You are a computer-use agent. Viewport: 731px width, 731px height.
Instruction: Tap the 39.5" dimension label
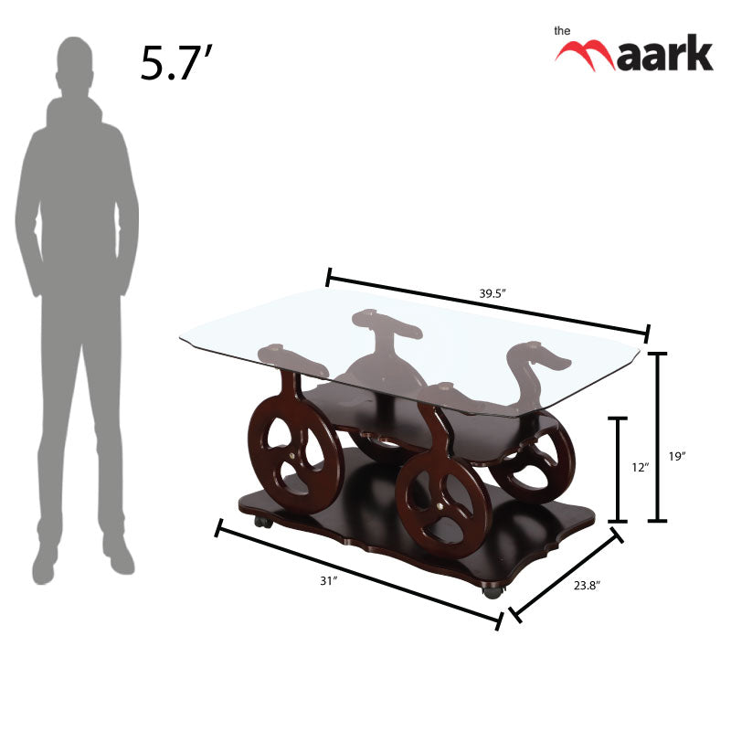pos(493,294)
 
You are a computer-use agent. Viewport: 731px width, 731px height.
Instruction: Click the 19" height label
pos(677,457)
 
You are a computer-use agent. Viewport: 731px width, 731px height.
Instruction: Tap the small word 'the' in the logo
pos(563,30)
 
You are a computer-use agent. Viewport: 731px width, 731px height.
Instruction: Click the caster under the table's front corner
pos(493,592)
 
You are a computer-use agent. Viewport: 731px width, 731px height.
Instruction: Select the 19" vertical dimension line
pos(659,437)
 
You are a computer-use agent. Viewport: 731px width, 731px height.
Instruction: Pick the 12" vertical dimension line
pos(619,469)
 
